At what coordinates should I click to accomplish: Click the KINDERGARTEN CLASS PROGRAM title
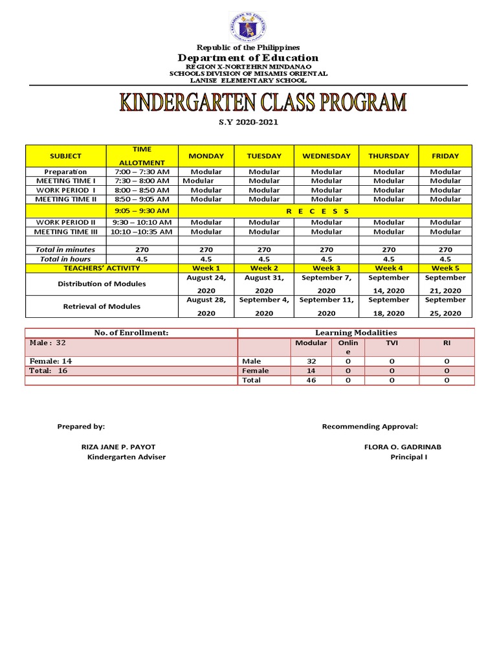(263, 104)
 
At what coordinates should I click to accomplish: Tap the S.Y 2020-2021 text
(248, 122)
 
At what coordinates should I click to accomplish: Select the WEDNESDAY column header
(326, 156)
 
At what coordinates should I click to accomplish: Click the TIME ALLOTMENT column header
(142, 156)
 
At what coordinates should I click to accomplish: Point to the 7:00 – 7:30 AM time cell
(142, 172)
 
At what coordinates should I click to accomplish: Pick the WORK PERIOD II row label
(65, 222)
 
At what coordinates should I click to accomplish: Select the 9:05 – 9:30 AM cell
(142, 211)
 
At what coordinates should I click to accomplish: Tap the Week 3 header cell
(326, 268)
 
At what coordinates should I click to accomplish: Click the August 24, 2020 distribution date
(206, 284)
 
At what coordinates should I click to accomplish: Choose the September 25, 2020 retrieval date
(445, 306)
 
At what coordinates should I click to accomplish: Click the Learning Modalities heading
(355, 333)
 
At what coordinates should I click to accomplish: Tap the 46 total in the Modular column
(311, 381)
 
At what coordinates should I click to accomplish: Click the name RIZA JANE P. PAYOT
(118, 447)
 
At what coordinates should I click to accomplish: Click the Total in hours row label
(65, 259)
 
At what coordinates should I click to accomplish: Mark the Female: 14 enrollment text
(49, 361)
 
